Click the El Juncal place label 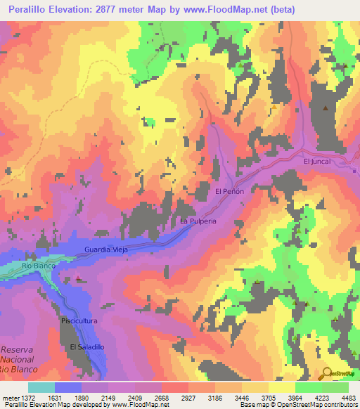click(316, 161)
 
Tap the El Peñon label click(229, 191)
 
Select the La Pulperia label click(198, 221)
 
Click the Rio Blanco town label click(37, 266)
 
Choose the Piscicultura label click(88, 320)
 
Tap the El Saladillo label click(86, 347)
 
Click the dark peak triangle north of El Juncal click(325, 108)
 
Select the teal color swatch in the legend click(41, 387)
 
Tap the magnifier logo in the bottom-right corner click(328, 374)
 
